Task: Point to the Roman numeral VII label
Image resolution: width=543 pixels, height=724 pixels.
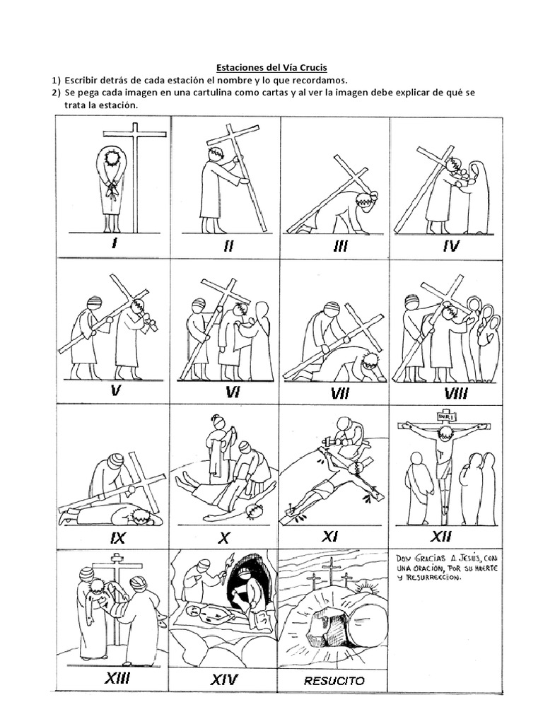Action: tap(340, 393)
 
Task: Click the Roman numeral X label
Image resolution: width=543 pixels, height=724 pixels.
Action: tap(224, 538)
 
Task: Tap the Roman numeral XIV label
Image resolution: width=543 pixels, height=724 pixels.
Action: tap(224, 680)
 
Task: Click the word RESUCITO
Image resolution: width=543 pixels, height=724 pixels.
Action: tap(334, 682)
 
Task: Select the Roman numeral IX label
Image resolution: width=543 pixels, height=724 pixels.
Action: tap(117, 539)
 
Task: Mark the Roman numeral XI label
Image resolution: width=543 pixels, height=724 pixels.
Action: tap(330, 537)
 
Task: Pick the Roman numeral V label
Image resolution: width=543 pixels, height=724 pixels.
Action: tap(116, 390)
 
